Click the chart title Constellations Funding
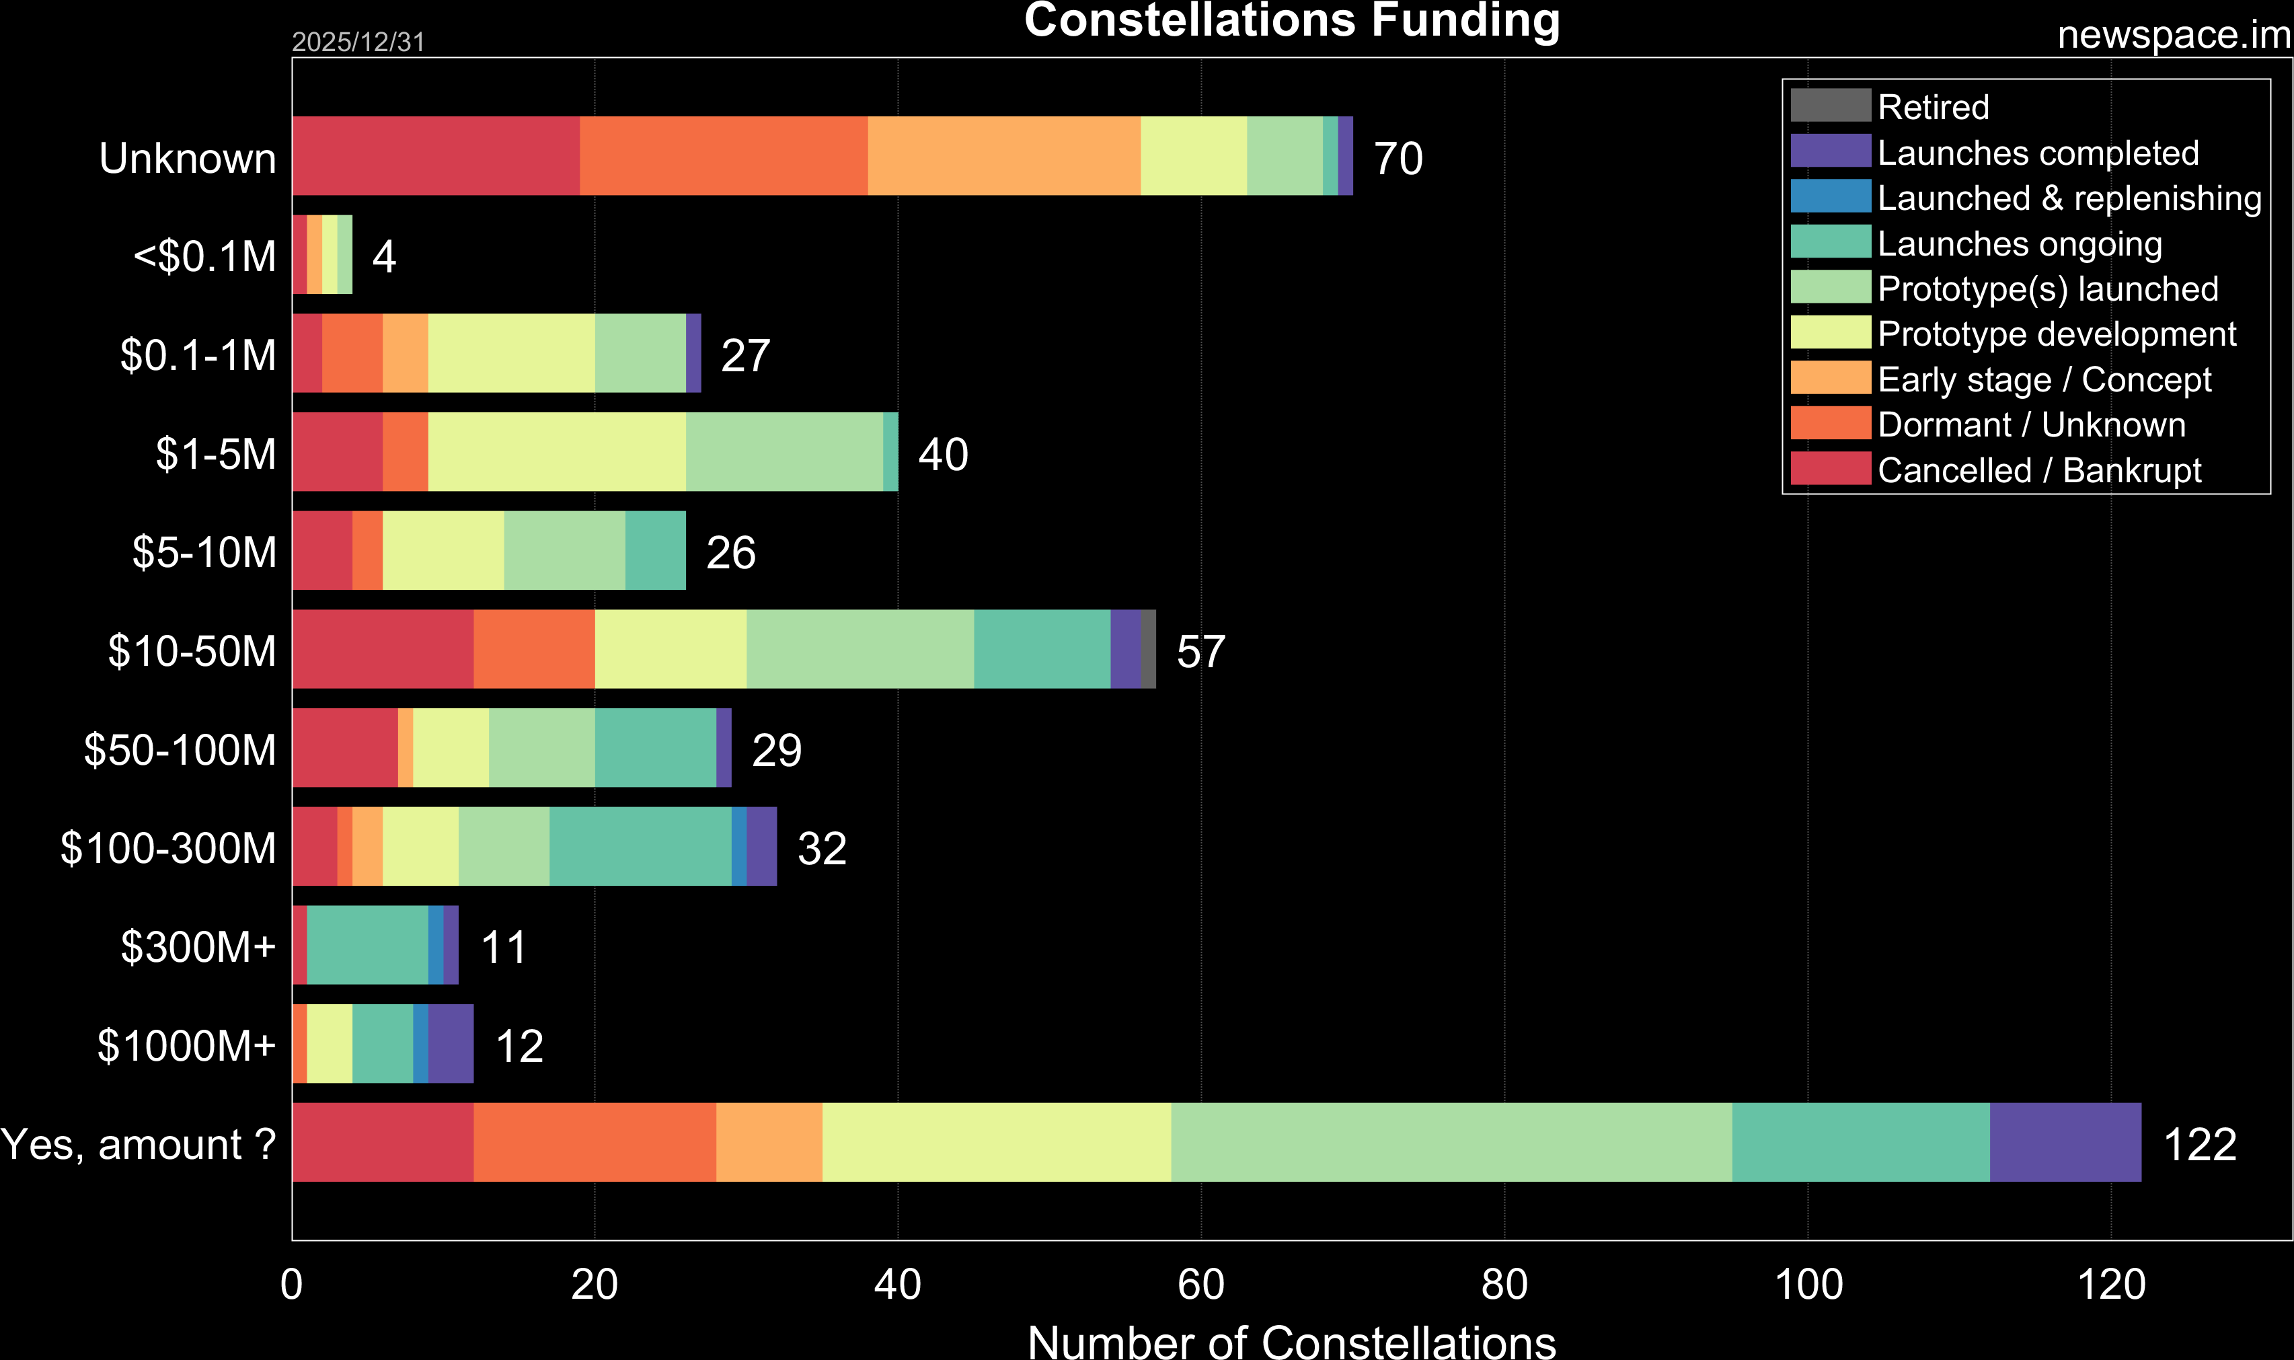click(x=1292, y=20)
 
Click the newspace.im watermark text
click(x=2173, y=35)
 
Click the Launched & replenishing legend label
click(x=2069, y=198)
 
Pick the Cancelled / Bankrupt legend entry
click(x=2038, y=470)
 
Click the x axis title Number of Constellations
click(x=1292, y=1340)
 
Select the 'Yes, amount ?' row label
click(x=139, y=1143)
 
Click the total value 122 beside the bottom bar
click(x=2200, y=1143)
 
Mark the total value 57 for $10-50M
click(x=1200, y=650)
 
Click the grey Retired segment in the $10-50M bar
click(x=1148, y=649)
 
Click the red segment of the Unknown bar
click(x=435, y=156)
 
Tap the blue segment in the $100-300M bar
click(x=738, y=846)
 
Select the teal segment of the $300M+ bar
click(x=367, y=945)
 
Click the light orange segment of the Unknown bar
click(x=1003, y=156)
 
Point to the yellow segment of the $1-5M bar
click(x=556, y=452)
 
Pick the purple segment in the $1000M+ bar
click(x=451, y=1044)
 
